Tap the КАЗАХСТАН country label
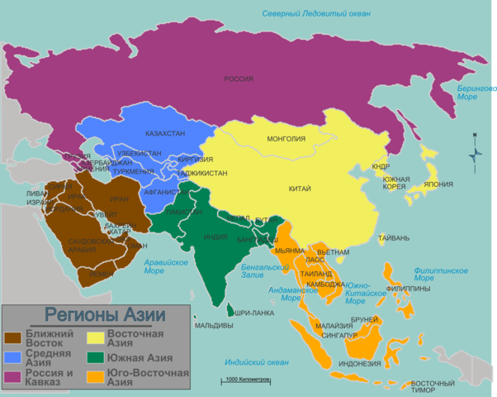click(164, 133)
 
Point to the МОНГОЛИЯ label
click(286, 139)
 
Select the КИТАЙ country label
click(300, 189)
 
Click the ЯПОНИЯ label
click(438, 184)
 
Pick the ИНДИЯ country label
click(215, 237)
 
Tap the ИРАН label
click(119, 199)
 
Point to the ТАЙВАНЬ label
click(394, 238)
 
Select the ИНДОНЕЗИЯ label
click(361, 363)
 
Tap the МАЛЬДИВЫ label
click(214, 325)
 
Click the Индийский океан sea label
click(257, 362)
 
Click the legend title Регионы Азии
click(105, 314)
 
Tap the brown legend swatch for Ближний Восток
click(13, 337)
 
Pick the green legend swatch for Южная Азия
click(96, 358)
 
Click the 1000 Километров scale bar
click(244, 381)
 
